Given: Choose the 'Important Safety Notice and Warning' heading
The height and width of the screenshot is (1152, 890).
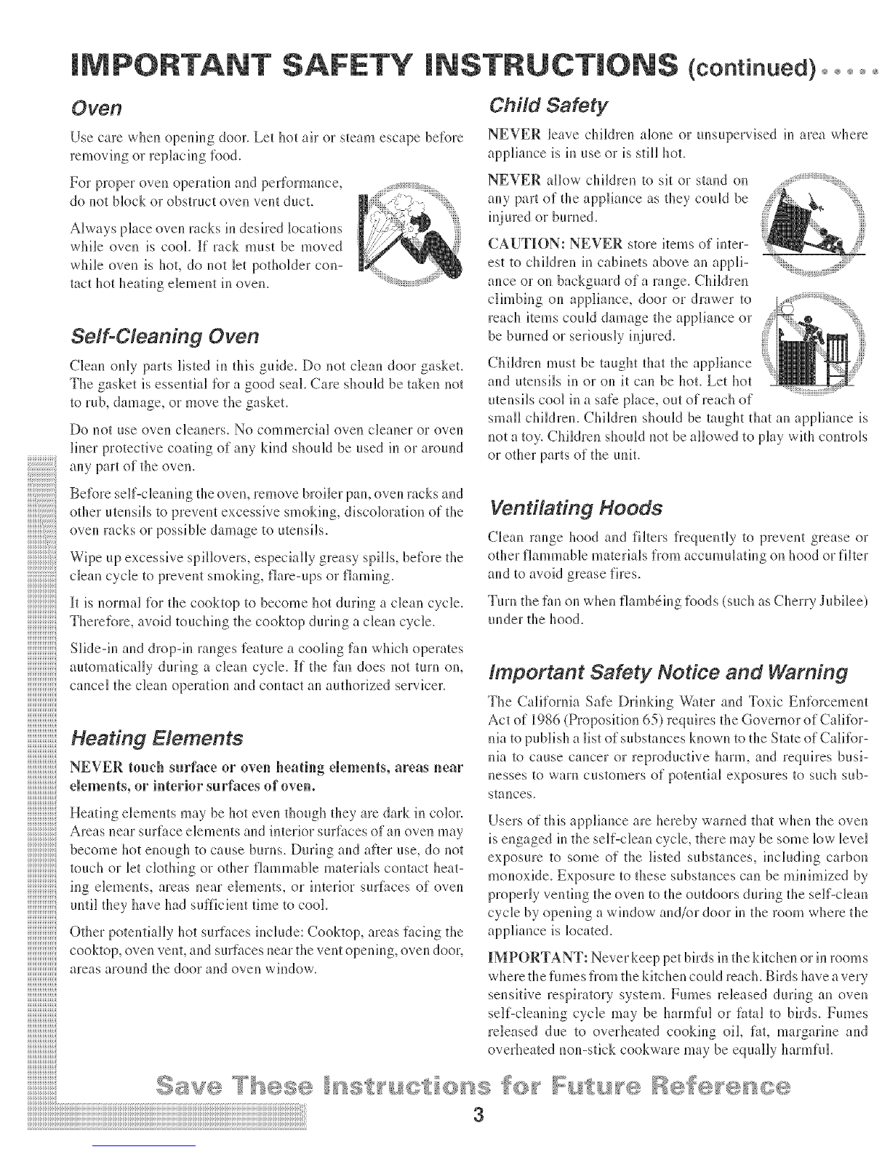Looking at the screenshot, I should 666,672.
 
